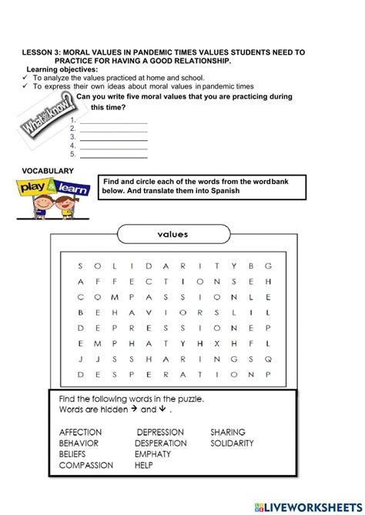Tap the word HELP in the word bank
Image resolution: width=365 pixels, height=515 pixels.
(144, 465)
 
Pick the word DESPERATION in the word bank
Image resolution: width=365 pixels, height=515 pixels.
(160, 443)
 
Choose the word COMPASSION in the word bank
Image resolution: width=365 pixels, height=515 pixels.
(85, 465)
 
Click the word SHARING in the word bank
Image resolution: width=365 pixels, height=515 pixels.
(228, 433)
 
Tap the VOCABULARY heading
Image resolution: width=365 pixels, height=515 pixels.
(48, 170)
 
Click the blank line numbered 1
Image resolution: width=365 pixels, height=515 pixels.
(113, 122)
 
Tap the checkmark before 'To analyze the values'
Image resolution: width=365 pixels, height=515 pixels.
(25, 79)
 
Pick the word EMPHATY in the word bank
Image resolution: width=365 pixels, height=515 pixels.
(152, 454)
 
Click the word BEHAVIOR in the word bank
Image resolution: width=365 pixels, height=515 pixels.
(79, 443)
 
